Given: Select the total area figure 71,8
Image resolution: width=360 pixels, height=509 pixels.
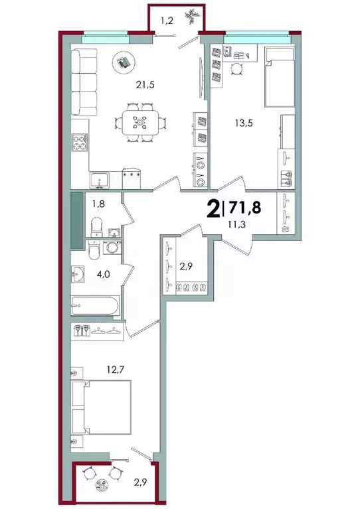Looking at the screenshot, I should click(244, 208).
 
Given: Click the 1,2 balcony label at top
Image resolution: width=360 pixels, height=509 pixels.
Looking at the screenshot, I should click(167, 20).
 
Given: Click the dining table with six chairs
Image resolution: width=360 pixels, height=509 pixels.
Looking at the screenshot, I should click(140, 122).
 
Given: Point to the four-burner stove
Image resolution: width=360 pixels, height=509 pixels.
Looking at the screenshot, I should click(80, 143).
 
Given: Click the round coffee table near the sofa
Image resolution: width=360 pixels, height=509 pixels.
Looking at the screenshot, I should click(123, 61).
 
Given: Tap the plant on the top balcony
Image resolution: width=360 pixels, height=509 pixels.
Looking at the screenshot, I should click(191, 15).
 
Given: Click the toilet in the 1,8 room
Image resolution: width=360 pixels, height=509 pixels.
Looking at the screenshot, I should click(96, 226).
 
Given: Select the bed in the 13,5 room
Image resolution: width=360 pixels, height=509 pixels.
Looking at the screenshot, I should click(278, 77).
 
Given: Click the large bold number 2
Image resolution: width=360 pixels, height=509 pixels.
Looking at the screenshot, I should click(213, 209).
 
